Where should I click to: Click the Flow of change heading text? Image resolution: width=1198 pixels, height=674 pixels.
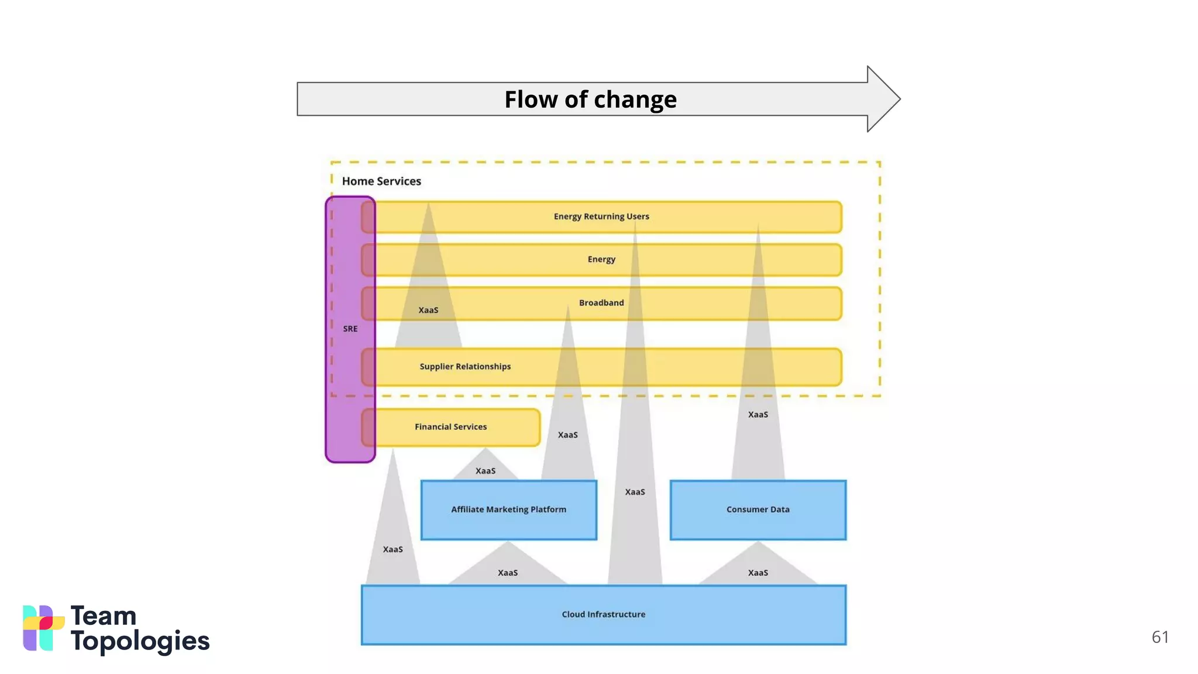click(x=590, y=99)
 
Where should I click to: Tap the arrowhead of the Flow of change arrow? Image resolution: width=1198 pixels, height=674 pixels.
click(x=883, y=99)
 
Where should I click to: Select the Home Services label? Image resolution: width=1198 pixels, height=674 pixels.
click(x=381, y=181)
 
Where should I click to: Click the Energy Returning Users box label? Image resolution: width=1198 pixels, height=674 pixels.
click(x=601, y=216)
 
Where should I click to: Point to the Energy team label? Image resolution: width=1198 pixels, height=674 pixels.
click(x=601, y=259)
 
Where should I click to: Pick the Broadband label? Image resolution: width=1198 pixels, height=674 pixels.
click(x=601, y=302)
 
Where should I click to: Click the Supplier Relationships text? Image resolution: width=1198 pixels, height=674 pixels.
click(x=465, y=366)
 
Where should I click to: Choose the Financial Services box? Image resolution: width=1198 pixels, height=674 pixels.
click(x=450, y=427)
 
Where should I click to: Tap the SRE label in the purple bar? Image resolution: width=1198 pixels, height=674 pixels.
click(x=350, y=329)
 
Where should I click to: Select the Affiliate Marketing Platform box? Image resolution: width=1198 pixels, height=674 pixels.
click(x=508, y=510)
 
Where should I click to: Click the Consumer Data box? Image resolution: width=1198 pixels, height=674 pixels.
click(x=758, y=510)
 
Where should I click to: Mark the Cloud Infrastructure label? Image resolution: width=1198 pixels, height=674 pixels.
click(x=603, y=614)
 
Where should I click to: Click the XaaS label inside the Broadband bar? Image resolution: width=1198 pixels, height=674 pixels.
click(x=428, y=310)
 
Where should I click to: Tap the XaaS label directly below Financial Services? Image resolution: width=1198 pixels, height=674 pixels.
click(x=486, y=471)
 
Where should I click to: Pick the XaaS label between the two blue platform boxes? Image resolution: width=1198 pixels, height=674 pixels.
click(x=635, y=492)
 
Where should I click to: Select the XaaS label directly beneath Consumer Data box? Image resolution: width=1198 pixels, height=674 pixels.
click(x=758, y=573)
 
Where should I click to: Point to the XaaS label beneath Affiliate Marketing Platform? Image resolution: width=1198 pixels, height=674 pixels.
click(x=508, y=573)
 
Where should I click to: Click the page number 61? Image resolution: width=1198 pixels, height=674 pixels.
click(x=1159, y=637)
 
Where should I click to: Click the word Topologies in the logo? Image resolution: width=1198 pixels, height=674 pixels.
click(x=140, y=642)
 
